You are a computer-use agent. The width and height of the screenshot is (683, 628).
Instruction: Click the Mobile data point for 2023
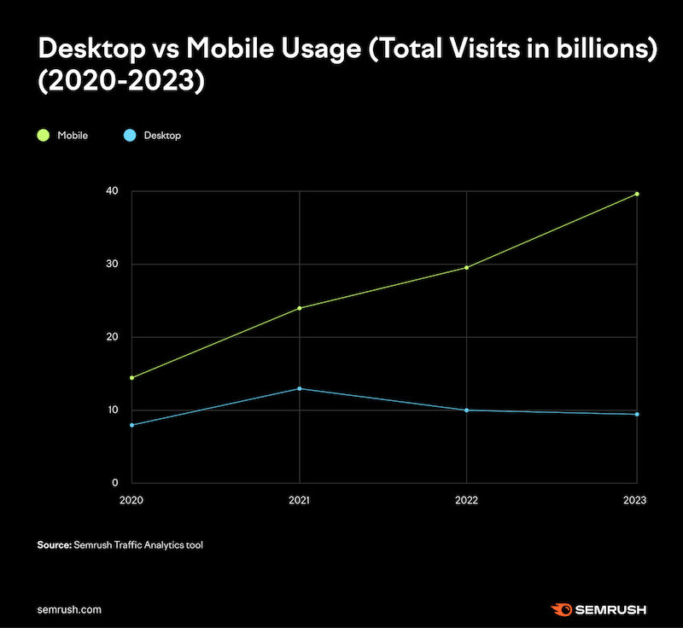(637, 194)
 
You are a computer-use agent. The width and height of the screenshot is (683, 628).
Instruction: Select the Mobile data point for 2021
(300, 307)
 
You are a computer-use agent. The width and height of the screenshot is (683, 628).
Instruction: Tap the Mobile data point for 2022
(466, 267)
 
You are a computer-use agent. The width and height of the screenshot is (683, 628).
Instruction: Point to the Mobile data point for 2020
(131, 377)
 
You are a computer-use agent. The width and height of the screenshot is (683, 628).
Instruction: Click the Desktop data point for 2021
(300, 388)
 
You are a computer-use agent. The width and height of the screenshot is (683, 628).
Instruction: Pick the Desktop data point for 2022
(466, 410)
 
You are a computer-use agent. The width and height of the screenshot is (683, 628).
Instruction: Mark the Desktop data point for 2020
(131, 425)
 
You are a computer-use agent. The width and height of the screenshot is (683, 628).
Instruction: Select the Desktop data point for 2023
(637, 414)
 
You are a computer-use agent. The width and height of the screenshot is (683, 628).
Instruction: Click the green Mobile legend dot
(43, 135)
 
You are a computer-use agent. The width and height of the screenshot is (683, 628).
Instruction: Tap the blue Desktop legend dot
(131, 135)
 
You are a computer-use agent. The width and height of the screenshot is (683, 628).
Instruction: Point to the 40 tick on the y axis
(112, 191)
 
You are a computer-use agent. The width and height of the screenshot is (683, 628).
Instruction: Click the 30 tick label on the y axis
(112, 265)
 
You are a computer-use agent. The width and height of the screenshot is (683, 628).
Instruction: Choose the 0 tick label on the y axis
(114, 483)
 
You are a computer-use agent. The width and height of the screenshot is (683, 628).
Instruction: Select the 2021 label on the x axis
(300, 500)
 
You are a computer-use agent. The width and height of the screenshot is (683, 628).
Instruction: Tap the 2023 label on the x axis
(635, 500)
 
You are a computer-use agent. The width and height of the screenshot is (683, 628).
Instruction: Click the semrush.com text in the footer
(70, 609)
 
